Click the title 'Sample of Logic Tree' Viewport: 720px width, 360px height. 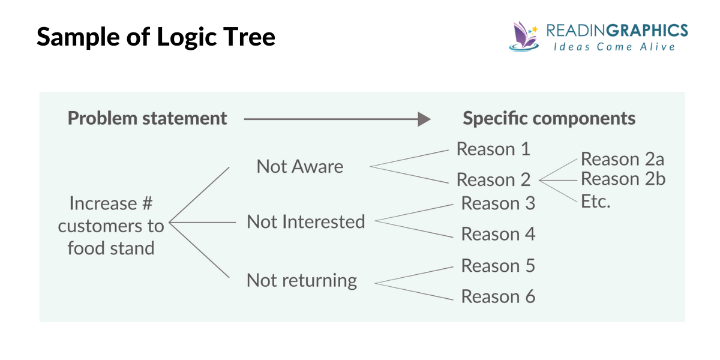coord(156,37)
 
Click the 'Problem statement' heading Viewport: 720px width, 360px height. coord(147,118)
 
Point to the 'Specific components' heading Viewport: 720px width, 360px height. coord(548,118)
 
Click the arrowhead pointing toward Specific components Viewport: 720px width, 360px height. coord(424,119)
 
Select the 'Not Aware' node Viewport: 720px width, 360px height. coord(300,166)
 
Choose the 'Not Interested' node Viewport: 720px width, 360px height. coord(305,221)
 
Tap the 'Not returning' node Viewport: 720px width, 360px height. coord(302,280)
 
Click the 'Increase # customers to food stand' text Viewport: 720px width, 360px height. coord(111,226)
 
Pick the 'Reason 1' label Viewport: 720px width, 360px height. coord(493,149)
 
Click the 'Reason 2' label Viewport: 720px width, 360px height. coord(493,179)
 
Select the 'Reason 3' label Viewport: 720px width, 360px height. coord(497,203)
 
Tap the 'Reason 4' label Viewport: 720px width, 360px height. coord(497,234)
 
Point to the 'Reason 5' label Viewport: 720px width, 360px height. coord(497,266)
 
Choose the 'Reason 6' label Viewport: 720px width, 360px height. coord(497,296)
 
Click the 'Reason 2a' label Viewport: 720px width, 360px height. coord(622,159)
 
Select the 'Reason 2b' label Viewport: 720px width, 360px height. coord(623,179)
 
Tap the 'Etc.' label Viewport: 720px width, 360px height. coord(595,201)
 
